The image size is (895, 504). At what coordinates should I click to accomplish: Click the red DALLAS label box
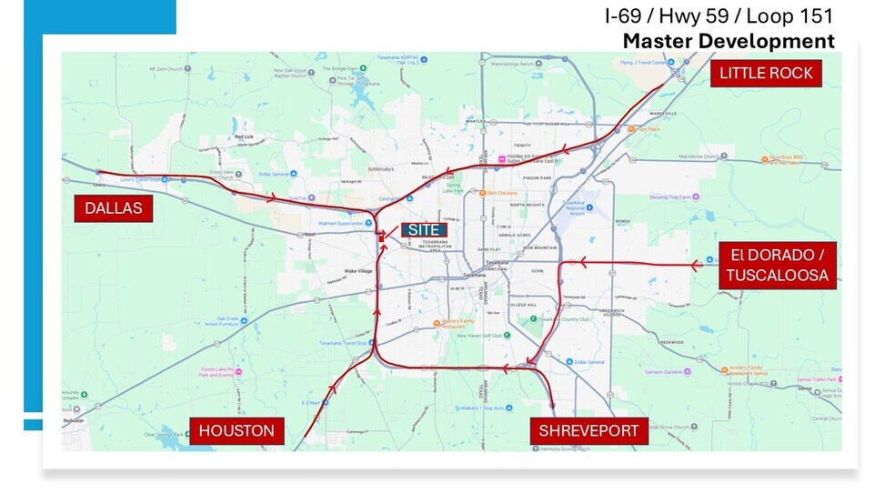click(x=114, y=208)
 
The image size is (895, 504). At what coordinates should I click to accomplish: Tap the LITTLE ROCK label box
click(x=766, y=73)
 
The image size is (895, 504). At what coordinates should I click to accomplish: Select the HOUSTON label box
click(x=236, y=430)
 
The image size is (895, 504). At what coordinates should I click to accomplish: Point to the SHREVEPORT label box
click(x=588, y=430)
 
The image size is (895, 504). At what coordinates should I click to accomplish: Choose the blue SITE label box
click(x=424, y=230)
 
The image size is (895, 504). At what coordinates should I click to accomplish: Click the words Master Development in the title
click(x=728, y=41)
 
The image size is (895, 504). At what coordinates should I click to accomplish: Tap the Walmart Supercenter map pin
click(x=373, y=223)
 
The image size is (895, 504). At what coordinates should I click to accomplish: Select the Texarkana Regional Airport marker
click(x=589, y=207)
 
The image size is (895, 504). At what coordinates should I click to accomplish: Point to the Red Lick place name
click(x=244, y=136)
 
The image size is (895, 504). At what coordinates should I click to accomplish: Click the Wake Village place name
click(x=333, y=271)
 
